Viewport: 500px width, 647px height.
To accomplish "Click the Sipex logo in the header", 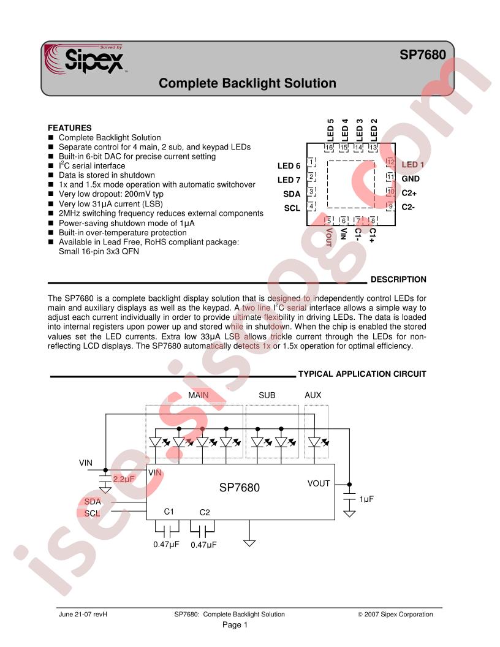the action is [85, 59].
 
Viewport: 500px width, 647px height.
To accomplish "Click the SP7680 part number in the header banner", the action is [422, 55].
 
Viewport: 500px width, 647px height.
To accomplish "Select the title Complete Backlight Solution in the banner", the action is [248, 83].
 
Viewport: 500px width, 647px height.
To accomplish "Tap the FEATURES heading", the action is [70, 128].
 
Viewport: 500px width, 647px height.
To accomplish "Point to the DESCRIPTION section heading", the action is [398, 279].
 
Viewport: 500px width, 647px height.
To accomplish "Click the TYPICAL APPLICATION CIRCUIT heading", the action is [362, 374].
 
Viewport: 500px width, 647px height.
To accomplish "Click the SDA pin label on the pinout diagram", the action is [292, 194].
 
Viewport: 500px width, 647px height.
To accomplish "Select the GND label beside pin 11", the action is [411, 179].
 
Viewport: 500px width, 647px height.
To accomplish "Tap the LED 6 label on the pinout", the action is [289, 166].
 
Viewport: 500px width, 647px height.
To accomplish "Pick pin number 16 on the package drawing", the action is [329, 147].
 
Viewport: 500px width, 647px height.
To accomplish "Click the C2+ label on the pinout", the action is [409, 193].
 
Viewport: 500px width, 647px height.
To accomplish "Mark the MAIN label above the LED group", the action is [199, 395].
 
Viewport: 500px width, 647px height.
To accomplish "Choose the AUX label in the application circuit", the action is [312, 395].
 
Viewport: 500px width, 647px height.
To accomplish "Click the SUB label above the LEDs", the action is [267, 395].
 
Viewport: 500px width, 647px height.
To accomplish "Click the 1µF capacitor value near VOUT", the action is [366, 499].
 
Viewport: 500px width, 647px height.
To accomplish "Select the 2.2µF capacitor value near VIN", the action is [124, 479].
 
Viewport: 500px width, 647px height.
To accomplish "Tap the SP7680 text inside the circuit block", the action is [239, 488].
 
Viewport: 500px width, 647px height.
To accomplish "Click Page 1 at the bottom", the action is [235, 625].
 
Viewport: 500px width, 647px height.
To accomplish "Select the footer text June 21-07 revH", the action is [83, 615].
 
